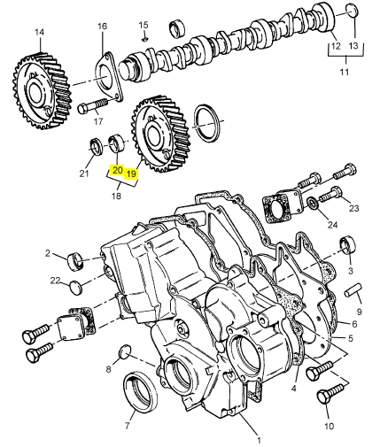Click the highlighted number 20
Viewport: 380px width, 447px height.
(x=117, y=170)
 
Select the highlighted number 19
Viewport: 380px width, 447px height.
(x=131, y=173)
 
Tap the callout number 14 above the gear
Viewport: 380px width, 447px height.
(x=39, y=32)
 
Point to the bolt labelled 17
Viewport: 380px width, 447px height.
(x=92, y=106)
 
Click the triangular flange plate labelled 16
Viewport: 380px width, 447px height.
(x=108, y=77)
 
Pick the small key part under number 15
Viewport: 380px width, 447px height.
(x=144, y=39)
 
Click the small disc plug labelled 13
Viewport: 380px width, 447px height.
(x=352, y=12)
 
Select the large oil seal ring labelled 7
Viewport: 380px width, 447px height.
(x=140, y=392)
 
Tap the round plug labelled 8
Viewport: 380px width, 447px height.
(x=125, y=351)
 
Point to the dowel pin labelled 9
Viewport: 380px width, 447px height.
(x=353, y=290)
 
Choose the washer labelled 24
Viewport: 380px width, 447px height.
(x=313, y=204)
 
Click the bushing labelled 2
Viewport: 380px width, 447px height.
(x=76, y=261)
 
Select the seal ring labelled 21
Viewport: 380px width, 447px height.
(x=97, y=146)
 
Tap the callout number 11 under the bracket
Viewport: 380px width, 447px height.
(x=345, y=72)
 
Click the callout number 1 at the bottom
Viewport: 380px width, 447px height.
(x=259, y=440)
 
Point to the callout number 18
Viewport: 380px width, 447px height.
(x=117, y=196)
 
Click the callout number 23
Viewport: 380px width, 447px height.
(x=353, y=208)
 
